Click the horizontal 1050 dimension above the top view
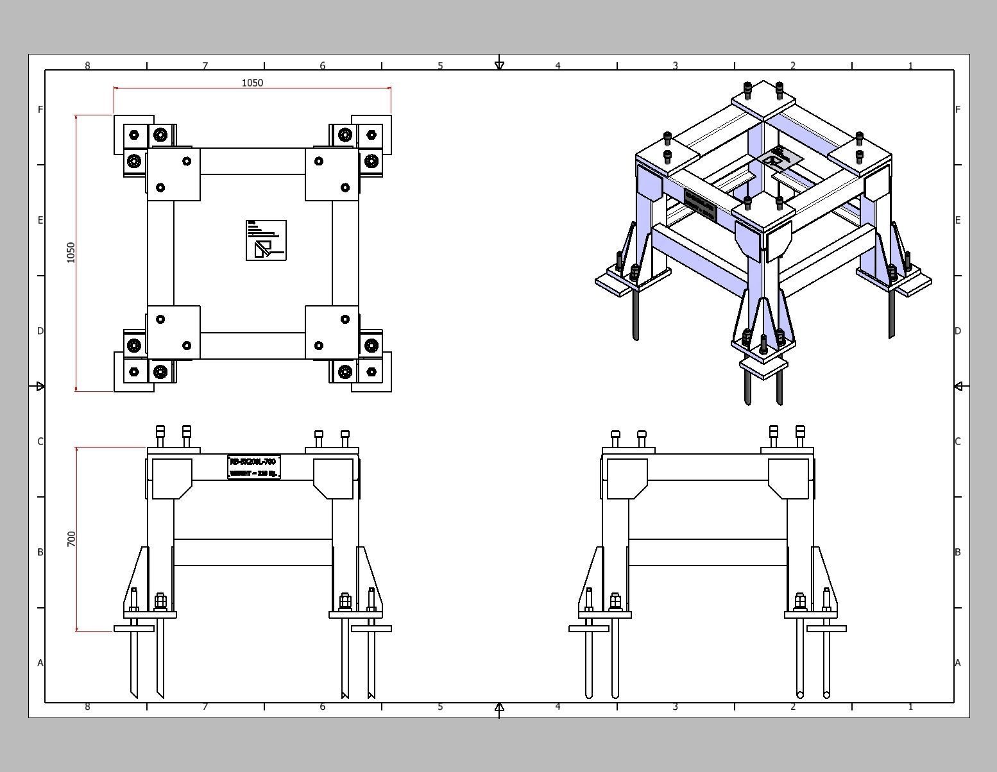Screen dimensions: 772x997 click(x=252, y=83)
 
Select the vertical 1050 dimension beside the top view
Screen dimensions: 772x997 click(x=71, y=252)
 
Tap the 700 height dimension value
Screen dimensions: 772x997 click(x=71, y=539)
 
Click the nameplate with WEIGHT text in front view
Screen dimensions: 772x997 click(x=254, y=467)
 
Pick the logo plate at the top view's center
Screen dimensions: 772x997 click(x=266, y=240)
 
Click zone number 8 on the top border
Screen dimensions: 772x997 click(x=87, y=65)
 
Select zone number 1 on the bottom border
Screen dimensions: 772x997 click(x=910, y=707)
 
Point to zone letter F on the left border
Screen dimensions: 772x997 click(x=40, y=110)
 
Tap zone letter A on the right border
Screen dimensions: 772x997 click(x=957, y=663)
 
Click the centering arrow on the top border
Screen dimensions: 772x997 click(x=500, y=65)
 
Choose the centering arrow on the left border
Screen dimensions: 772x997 click(x=40, y=386)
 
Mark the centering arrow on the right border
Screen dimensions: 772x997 click(x=958, y=386)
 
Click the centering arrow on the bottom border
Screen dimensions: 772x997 click(x=500, y=707)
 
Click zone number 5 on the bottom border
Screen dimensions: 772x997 click(x=440, y=707)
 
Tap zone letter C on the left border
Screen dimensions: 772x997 click(x=40, y=441)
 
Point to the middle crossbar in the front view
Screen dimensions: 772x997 click(x=253, y=552)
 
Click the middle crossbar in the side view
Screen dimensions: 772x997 click(x=708, y=552)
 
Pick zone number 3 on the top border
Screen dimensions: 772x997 click(x=675, y=65)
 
